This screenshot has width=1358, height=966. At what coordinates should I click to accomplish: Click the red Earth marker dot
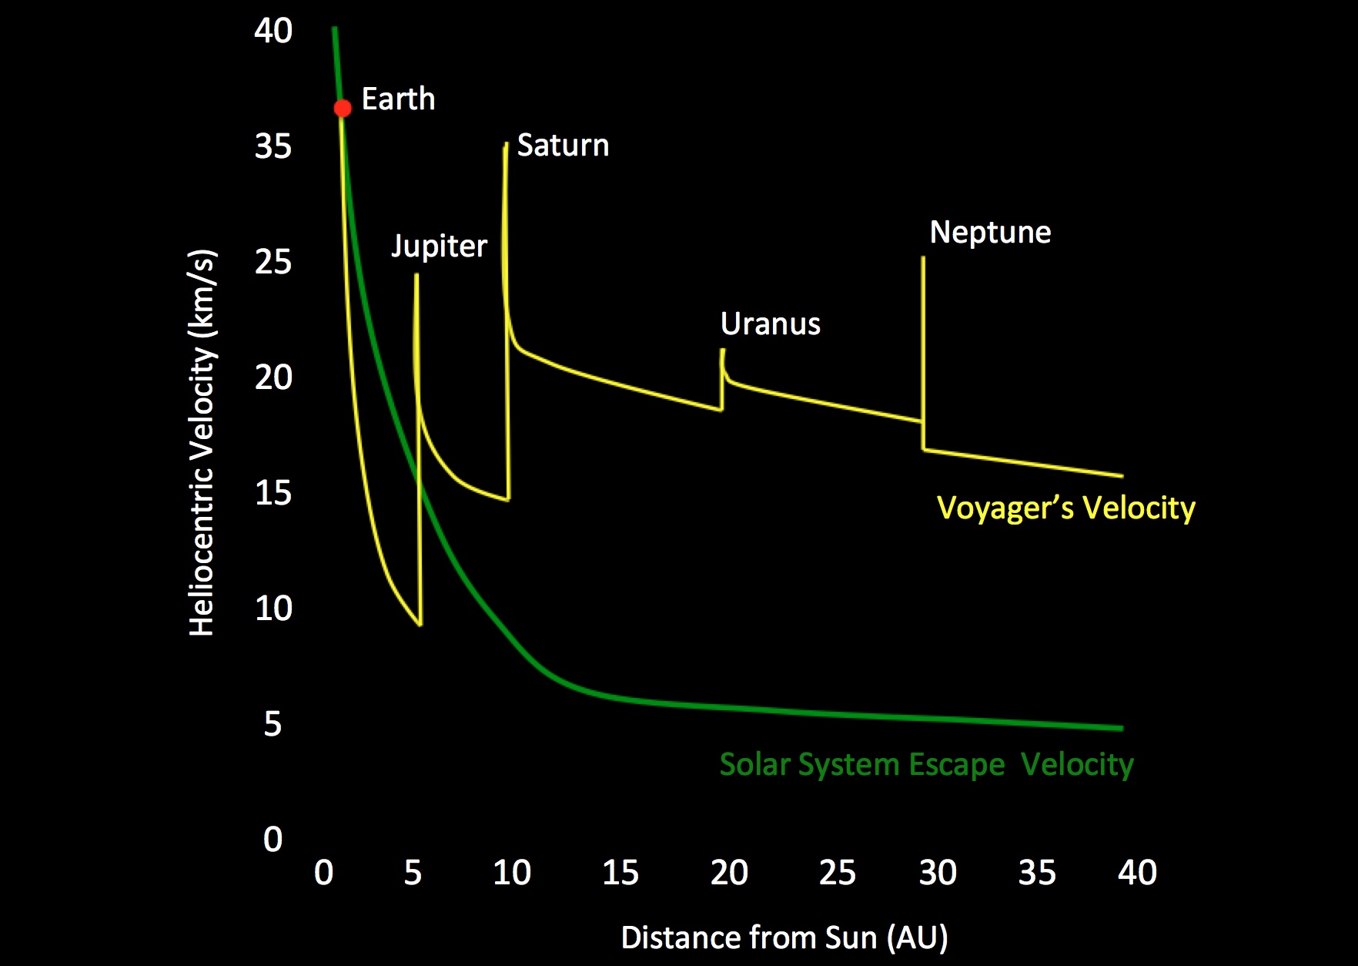point(343,109)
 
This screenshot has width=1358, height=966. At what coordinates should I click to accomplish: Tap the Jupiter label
point(439,247)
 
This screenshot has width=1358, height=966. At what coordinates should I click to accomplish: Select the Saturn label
point(563,146)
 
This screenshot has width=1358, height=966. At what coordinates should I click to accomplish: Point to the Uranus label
point(770,324)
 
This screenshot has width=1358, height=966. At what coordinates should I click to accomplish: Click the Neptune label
point(990,233)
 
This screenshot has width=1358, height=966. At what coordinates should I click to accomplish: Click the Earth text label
point(398,99)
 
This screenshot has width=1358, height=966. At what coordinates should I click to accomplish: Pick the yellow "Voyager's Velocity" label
point(1065,508)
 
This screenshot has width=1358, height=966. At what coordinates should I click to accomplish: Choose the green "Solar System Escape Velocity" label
point(926,765)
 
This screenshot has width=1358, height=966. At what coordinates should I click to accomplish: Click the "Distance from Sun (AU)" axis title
point(784,938)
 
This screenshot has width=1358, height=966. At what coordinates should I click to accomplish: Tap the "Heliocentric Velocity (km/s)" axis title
point(202,443)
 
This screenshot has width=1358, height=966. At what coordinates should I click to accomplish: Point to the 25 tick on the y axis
point(273,263)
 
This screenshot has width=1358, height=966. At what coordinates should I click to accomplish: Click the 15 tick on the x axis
point(620,873)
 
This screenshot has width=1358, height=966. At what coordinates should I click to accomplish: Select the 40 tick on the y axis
point(273,32)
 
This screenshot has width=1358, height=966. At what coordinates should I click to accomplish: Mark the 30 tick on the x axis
point(938,873)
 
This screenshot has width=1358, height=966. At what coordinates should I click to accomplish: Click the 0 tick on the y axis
point(273,839)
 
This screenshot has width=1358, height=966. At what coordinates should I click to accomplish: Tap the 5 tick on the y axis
point(273,724)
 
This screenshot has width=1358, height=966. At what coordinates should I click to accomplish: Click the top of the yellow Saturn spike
point(506,144)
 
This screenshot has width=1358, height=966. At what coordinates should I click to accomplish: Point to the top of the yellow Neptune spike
point(923,258)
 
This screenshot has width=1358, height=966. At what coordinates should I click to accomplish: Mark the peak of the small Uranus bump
point(722,351)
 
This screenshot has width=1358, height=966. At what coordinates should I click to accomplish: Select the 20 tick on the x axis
point(729,873)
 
